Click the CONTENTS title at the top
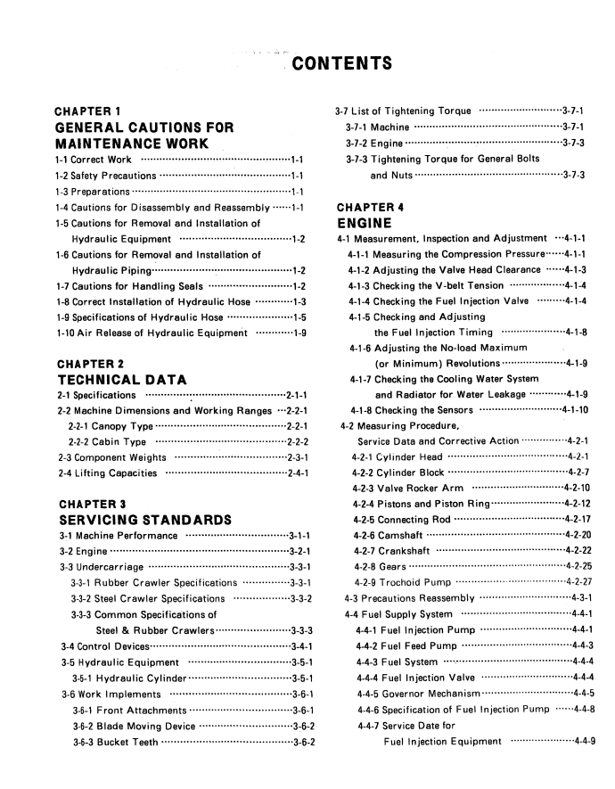click(342, 63)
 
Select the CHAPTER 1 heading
click(88, 111)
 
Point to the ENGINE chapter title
click(365, 223)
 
